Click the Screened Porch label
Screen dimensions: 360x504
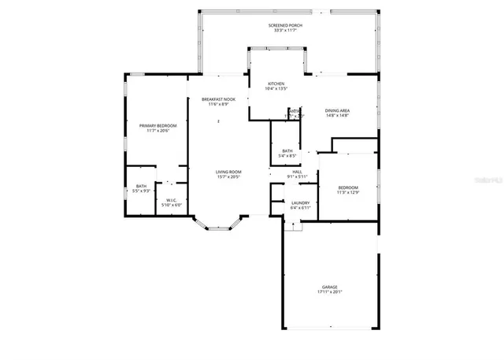pos(285,25)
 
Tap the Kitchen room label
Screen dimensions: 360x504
pos(276,84)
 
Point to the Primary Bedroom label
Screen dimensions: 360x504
pos(157,125)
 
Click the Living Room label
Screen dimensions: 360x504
pos(228,172)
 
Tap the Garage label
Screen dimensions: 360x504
pos(329,286)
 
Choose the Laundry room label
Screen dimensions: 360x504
pos(300,202)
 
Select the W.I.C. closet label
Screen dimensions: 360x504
pos(172,200)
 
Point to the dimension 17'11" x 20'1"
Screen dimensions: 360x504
pos(329,291)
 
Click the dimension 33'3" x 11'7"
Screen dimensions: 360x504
pos(285,31)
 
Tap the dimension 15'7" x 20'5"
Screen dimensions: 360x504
pos(228,177)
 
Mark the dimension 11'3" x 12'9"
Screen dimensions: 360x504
pos(347,192)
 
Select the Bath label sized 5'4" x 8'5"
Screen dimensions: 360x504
pos(287,150)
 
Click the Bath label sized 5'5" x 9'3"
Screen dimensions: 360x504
pos(140,186)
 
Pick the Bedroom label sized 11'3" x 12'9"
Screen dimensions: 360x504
pos(347,187)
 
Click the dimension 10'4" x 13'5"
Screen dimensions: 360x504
pos(276,89)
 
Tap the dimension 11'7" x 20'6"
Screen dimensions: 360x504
pos(157,131)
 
